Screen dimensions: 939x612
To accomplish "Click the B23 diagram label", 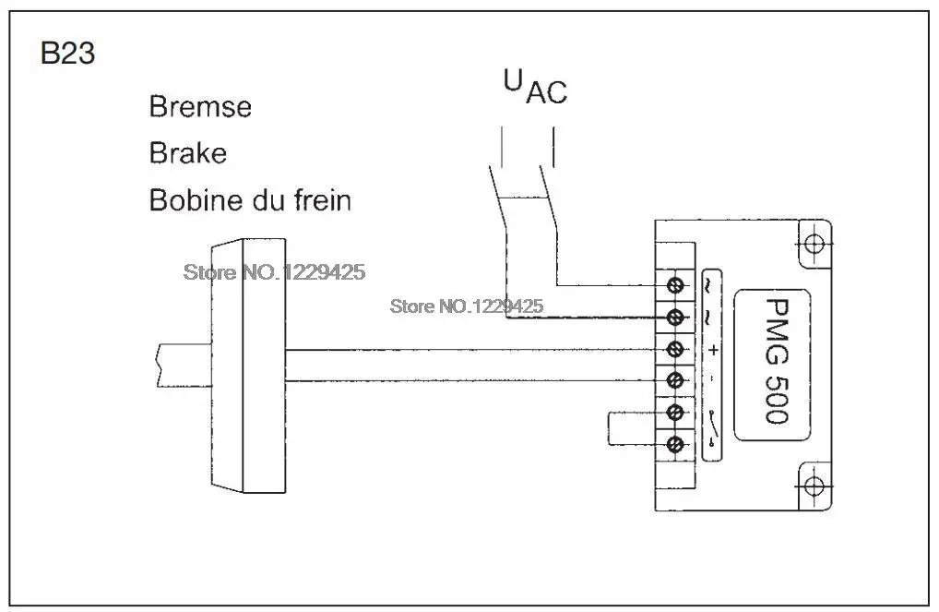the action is tap(67, 53).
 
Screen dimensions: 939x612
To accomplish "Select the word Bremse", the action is tap(200, 107).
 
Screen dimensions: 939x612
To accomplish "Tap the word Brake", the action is tap(188, 153).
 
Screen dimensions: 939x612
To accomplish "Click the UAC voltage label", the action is tap(535, 88).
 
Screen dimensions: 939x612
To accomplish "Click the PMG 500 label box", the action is tap(773, 365).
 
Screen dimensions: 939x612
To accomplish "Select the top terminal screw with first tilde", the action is tap(675, 285).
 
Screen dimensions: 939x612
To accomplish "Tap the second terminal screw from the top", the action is tap(675, 318).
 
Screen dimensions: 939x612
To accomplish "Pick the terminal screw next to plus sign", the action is tap(675, 349).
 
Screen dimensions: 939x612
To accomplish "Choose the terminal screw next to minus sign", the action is tap(675, 380).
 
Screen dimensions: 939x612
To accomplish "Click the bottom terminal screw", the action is tap(675, 444).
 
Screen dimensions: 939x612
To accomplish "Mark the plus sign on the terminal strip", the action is tap(712, 350).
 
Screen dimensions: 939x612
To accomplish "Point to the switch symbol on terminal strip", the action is tap(711, 428).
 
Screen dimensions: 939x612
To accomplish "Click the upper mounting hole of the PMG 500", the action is tap(814, 244).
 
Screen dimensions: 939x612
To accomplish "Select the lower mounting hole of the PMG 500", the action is tap(814, 485).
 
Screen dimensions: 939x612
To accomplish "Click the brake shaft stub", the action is tap(184, 365).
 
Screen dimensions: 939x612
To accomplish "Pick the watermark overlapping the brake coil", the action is tap(274, 272).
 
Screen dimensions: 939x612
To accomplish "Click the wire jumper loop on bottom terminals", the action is tap(609, 428).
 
